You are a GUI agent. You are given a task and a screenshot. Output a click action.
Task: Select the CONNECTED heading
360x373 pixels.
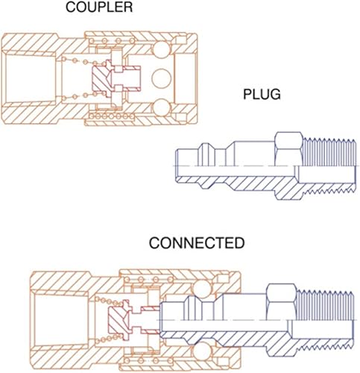pos(196,244)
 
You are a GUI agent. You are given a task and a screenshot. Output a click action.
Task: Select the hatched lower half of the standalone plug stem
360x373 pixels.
pos(239,179)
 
